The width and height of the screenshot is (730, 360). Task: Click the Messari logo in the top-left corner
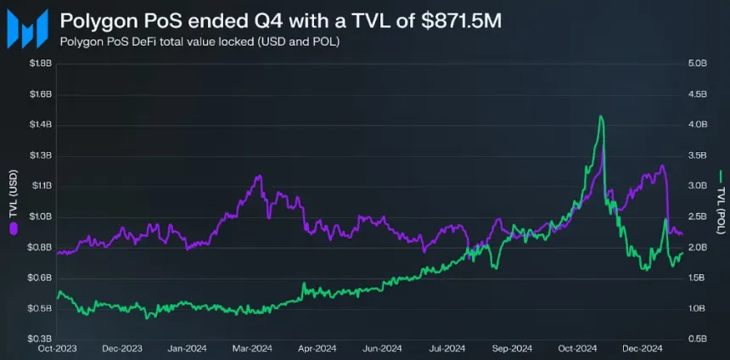(x=24, y=29)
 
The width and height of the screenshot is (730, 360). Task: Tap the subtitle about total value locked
(x=200, y=42)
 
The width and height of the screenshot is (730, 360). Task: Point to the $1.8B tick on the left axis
(x=40, y=63)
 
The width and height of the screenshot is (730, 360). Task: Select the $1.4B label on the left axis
(x=40, y=125)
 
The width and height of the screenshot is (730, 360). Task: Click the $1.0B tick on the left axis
(x=40, y=217)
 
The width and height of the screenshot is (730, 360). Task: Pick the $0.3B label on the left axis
(x=40, y=339)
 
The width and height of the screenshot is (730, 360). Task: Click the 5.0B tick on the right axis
(x=699, y=63)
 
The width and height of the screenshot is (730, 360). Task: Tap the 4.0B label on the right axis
(x=699, y=125)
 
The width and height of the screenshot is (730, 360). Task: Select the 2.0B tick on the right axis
(x=699, y=247)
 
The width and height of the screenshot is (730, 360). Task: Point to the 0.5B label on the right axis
(x=699, y=339)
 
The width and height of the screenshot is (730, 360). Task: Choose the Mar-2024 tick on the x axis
(x=252, y=348)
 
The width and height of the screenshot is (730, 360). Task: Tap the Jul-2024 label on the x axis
(x=447, y=348)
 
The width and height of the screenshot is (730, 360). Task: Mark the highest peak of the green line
(x=601, y=116)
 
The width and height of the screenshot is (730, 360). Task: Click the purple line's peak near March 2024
(x=259, y=176)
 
